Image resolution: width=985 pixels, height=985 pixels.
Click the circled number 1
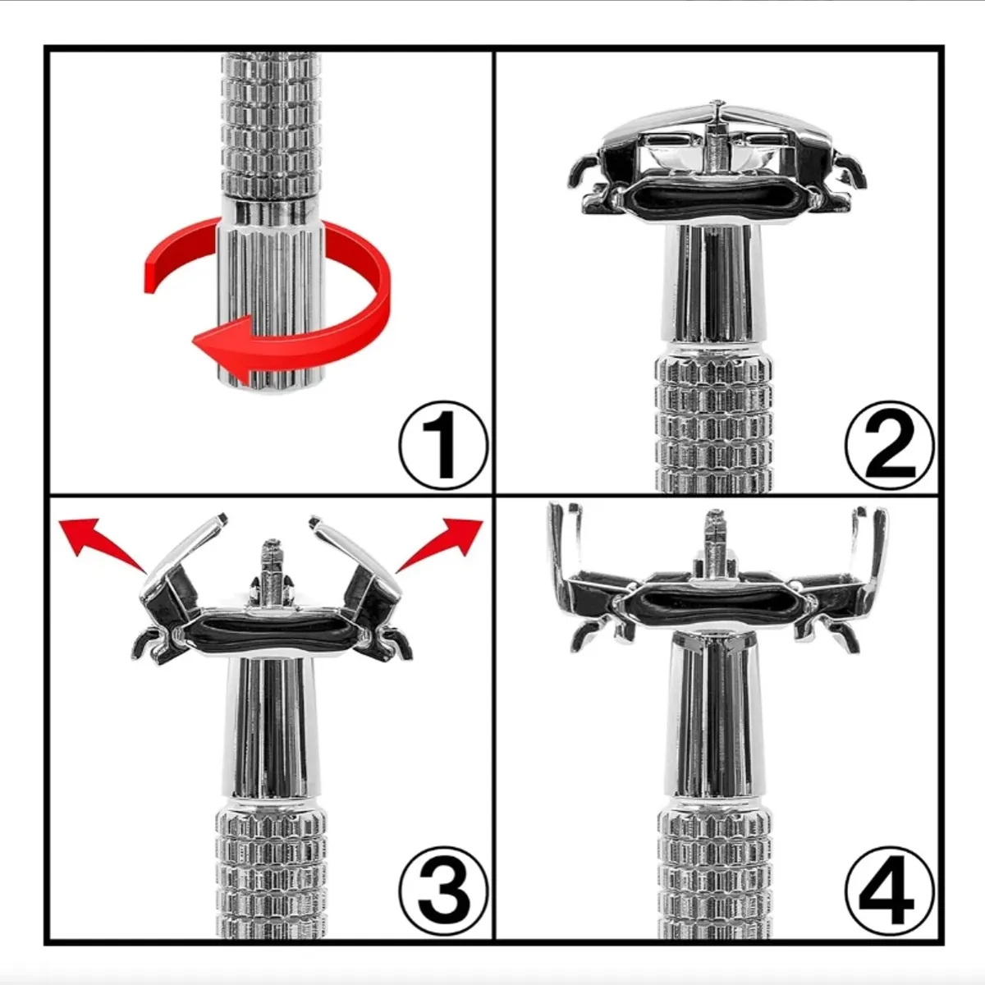442,446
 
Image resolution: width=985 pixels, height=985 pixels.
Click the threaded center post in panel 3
271,567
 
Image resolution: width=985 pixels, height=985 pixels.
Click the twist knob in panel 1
270,296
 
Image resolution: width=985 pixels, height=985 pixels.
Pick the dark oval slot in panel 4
715,605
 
